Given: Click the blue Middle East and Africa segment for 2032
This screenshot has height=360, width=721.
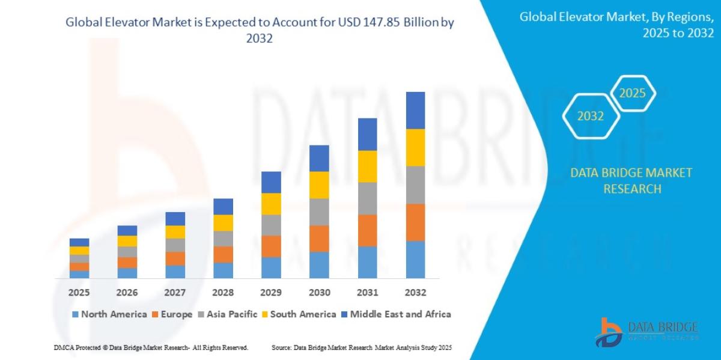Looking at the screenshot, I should [x=415, y=111].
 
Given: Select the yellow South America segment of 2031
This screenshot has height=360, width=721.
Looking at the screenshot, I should [x=367, y=166].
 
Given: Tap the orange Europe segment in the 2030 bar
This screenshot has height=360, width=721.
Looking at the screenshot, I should [x=319, y=239].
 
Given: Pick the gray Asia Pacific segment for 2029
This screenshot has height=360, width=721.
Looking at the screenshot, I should [x=271, y=225].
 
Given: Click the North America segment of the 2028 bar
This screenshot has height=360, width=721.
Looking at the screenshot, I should [x=223, y=270].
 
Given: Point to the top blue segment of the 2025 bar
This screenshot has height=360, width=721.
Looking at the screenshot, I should [x=79, y=242].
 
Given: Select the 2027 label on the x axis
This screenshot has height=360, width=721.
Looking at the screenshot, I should [x=175, y=293].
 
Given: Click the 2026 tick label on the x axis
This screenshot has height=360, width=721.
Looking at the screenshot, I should [x=127, y=293].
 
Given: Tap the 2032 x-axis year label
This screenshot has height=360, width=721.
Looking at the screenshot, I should [x=415, y=293].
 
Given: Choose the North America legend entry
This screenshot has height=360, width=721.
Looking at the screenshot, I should [x=109, y=314].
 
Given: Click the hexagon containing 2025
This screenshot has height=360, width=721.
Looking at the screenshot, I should [x=632, y=93].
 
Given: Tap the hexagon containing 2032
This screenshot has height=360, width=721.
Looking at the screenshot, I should [x=591, y=116].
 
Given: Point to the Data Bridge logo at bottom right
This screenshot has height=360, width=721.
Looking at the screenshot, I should [x=646, y=331].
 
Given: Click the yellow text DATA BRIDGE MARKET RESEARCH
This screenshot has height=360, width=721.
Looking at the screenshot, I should [x=631, y=181].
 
